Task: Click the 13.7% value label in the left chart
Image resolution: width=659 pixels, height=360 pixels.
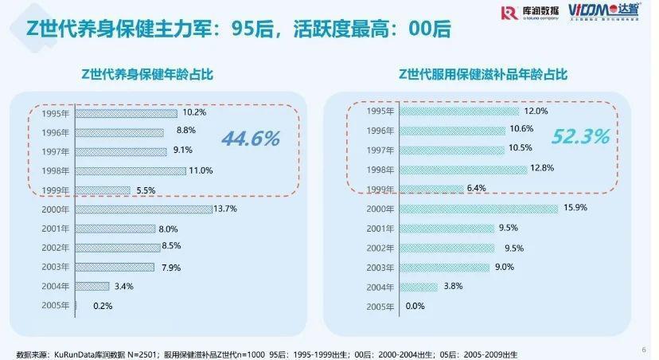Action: (225, 209)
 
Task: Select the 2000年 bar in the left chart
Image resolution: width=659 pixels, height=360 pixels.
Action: (144, 209)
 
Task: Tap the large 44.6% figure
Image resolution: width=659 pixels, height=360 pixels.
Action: (251, 139)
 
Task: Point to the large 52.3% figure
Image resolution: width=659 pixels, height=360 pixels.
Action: (580, 136)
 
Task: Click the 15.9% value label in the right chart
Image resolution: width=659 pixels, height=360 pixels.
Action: (575, 209)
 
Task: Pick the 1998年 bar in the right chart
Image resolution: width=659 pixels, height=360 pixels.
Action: (462, 169)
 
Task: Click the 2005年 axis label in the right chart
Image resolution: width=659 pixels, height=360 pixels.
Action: (380, 306)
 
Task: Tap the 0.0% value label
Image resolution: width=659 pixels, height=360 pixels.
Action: (415, 306)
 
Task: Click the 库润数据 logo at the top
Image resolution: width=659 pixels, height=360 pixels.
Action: (530, 13)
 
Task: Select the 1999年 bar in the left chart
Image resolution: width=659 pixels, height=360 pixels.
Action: (103, 190)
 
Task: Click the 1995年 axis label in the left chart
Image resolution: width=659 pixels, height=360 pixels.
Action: (57, 113)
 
